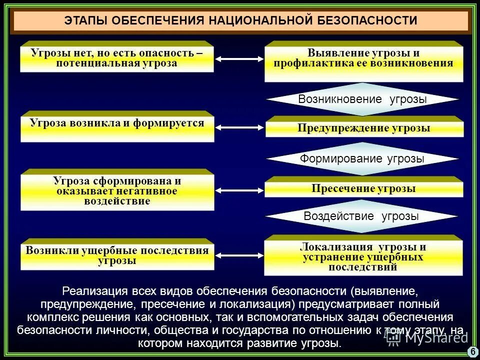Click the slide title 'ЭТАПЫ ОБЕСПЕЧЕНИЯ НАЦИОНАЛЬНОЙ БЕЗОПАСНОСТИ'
240,21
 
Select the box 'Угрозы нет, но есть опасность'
117,57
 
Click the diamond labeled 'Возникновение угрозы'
362,99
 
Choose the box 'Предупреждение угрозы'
363,127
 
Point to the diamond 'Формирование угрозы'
362,159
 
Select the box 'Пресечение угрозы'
363,188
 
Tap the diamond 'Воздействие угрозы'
361,216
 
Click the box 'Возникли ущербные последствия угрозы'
117,255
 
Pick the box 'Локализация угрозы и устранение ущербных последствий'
363,256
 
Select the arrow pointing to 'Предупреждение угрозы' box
240,128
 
